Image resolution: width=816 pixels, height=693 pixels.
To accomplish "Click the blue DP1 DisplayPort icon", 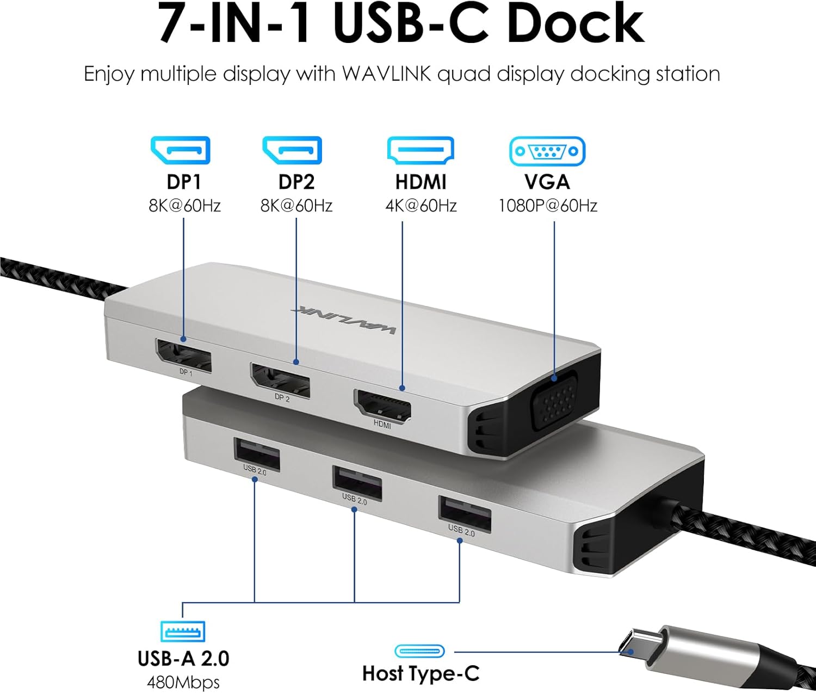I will tap(180, 150).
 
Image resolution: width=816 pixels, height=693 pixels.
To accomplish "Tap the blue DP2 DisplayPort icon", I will tap(292, 150).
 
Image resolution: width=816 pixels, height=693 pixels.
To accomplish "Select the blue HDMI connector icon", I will tap(420, 150).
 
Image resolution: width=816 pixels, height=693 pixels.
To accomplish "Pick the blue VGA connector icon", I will tap(547, 151).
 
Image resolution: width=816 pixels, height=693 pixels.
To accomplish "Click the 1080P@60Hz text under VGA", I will tap(548, 206).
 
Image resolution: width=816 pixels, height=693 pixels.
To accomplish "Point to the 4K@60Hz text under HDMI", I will tap(421, 206).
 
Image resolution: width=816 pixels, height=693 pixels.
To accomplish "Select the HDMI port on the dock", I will tap(382, 406).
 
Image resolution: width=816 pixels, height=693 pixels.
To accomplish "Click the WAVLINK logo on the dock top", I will tap(344, 318).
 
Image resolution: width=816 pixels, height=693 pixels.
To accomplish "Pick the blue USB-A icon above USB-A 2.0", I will tap(183, 631).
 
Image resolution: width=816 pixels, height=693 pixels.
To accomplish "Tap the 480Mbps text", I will tap(183, 682).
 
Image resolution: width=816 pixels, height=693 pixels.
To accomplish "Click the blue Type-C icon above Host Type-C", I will tap(419, 651).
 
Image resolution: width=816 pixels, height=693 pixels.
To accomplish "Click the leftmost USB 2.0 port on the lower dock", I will tap(257, 453).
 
